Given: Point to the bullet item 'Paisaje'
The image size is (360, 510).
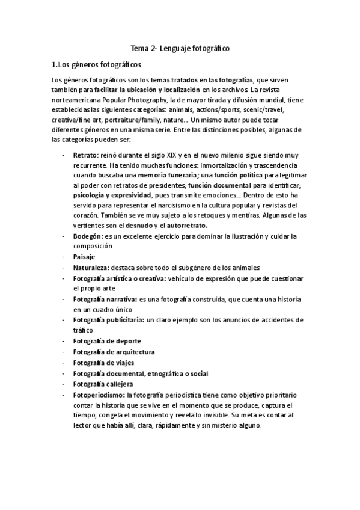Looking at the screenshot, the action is (85, 257).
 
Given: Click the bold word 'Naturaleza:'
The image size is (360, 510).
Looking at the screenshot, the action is (94, 268).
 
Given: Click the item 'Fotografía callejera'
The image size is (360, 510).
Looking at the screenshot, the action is (103, 384).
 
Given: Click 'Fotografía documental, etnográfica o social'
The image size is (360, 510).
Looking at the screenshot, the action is (141, 373).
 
